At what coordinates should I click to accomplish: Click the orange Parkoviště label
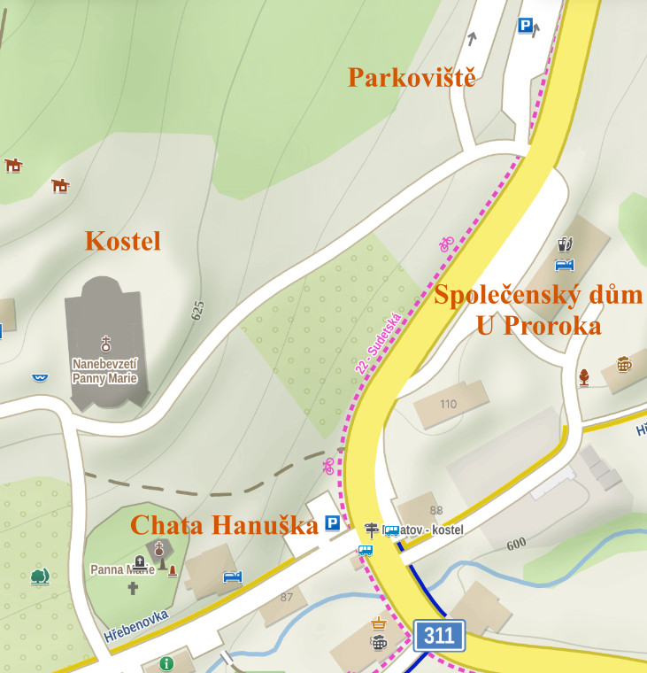[412, 77]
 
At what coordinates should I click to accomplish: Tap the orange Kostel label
[123, 240]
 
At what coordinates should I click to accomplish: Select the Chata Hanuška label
[224, 525]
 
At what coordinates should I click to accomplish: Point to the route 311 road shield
[439, 635]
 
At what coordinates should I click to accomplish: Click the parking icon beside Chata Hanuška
[333, 523]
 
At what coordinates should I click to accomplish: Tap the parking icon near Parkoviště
[526, 26]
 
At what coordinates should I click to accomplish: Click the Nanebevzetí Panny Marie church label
[106, 371]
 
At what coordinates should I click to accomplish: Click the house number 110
[448, 405]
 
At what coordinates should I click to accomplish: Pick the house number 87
[286, 598]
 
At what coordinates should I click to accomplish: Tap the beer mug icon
[625, 364]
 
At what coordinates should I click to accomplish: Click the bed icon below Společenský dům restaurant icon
[565, 264]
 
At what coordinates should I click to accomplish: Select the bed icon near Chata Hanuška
[233, 577]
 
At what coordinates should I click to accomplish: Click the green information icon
[166, 663]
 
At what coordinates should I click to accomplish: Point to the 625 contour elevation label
[197, 310]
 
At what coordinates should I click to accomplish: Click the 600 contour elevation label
[516, 544]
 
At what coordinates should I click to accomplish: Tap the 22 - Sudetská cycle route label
[380, 341]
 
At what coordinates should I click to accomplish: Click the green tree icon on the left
[39, 576]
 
